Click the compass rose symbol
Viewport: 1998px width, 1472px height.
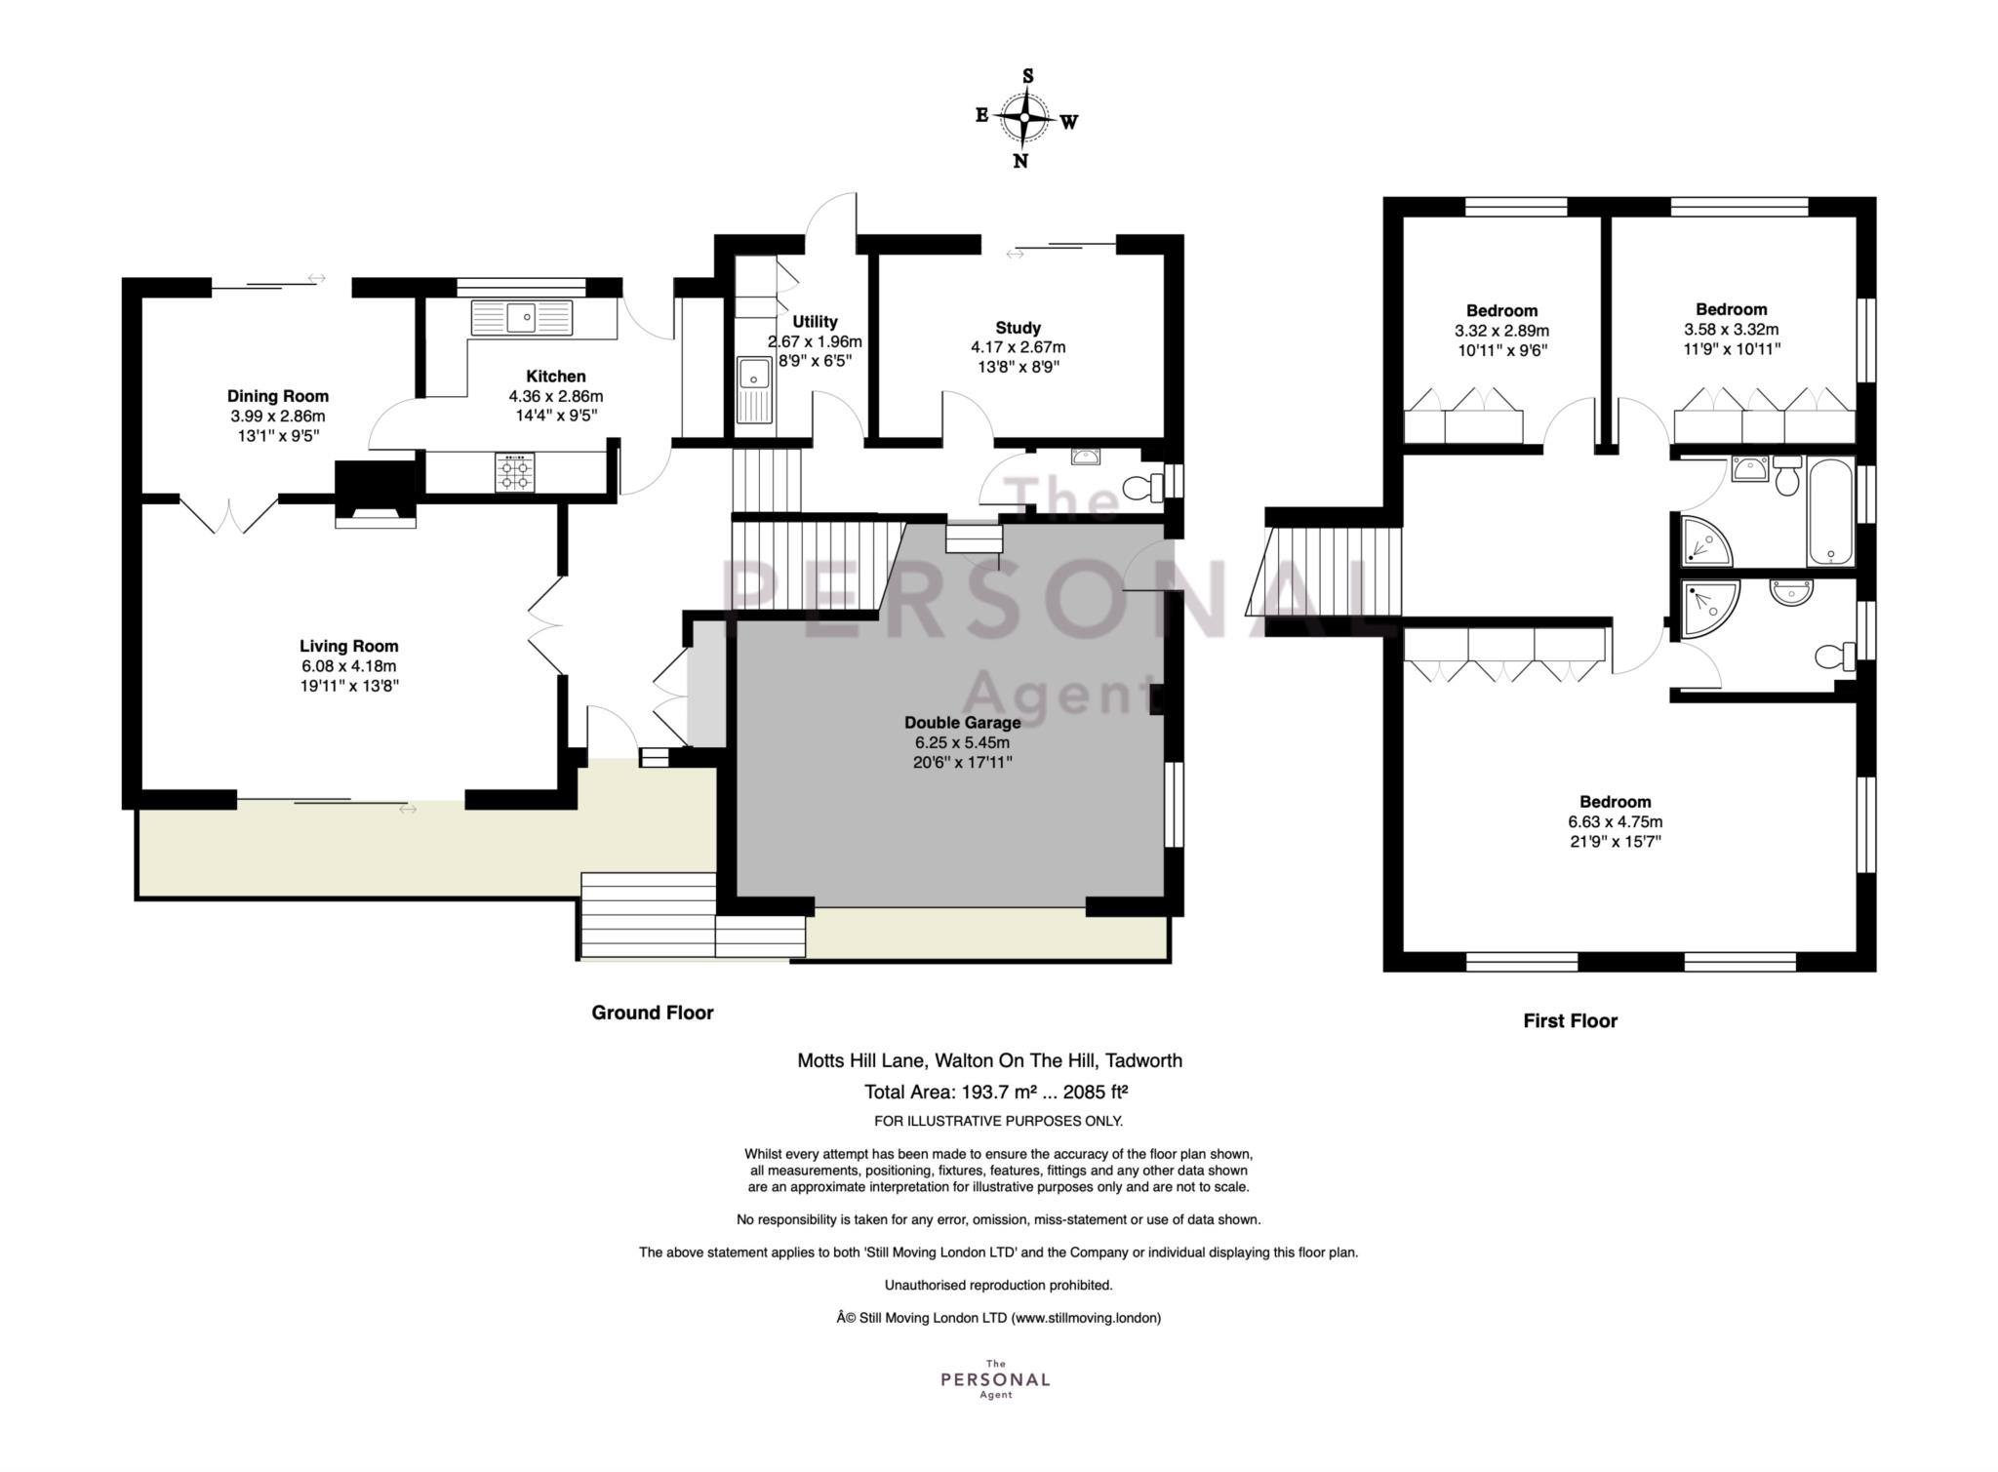click(x=1025, y=118)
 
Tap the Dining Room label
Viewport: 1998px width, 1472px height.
click(x=278, y=396)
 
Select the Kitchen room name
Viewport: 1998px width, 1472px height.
click(x=556, y=377)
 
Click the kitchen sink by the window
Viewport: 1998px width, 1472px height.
click(x=522, y=317)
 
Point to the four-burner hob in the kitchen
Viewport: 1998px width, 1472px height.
click(x=514, y=472)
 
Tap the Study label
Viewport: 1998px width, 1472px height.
click(x=1018, y=328)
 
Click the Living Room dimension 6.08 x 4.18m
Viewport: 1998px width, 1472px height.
click(x=348, y=666)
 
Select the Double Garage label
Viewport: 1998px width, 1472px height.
click(x=962, y=723)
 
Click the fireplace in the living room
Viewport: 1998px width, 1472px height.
click(x=376, y=494)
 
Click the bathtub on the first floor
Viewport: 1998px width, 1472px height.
click(x=1830, y=511)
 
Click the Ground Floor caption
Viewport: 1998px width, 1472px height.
click(x=653, y=1013)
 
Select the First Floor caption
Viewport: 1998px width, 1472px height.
click(x=1571, y=1020)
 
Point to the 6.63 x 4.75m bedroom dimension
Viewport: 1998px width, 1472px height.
click(x=1616, y=822)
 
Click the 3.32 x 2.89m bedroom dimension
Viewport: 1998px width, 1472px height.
click(x=1501, y=331)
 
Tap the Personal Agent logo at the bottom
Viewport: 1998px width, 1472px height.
click(x=995, y=1379)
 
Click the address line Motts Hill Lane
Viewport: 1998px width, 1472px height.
click(x=990, y=1060)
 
